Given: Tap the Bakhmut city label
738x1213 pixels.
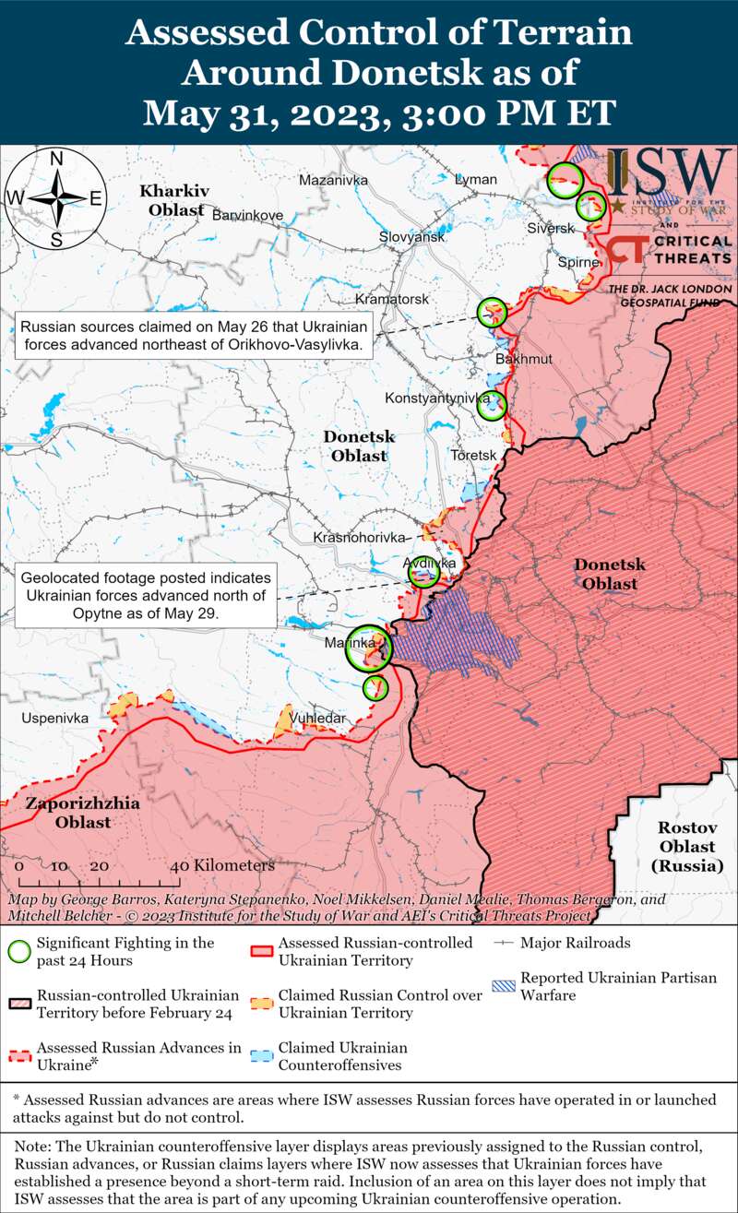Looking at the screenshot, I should pos(523,359).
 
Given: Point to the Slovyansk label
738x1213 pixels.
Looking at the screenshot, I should pos(411,237).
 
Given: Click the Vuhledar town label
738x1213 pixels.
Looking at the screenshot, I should pos(316,718).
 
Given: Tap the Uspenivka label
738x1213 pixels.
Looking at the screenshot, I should pos(54,718).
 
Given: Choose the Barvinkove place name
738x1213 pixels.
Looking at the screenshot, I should pos(247,215).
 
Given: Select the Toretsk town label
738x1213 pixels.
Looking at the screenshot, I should pos(473,456).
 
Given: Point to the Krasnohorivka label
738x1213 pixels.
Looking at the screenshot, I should pos(359,538).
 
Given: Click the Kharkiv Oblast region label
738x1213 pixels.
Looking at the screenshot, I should pos(173,200).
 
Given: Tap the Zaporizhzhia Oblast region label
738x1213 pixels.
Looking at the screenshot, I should pos(82,812).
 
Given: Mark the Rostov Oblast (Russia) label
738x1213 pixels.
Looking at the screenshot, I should pos(686,846).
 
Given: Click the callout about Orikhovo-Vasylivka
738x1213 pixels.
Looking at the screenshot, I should pos(195,337).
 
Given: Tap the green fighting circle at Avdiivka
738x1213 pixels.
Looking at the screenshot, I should pos(424,574).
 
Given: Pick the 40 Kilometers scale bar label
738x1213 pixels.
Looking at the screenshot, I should pos(222,866).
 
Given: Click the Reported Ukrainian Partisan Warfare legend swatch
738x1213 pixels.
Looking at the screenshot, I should pos(506,985).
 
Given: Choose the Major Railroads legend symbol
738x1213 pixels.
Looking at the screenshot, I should pos(506,944).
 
